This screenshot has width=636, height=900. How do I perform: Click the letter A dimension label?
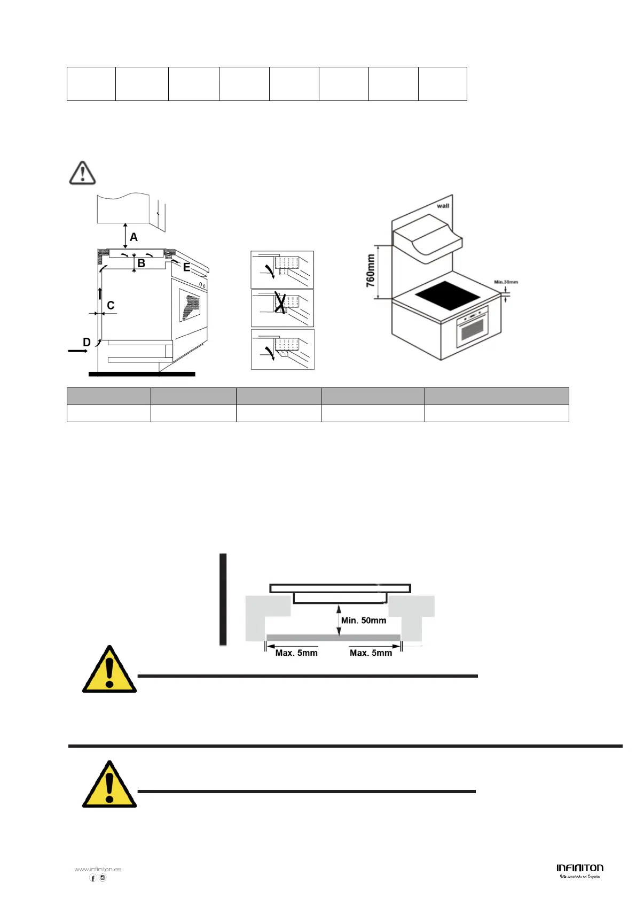(x=134, y=237)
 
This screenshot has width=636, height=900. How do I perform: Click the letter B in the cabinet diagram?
(x=141, y=263)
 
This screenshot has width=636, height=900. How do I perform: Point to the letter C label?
(x=111, y=305)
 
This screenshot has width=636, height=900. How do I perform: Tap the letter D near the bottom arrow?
(x=87, y=342)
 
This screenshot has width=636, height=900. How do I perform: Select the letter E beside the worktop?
(x=186, y=267)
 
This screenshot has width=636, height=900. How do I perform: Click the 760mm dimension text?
(x=370, y=271)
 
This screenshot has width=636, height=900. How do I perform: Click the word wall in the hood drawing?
(x=443, y=206)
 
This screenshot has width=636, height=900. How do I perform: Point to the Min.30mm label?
(x=506, y=282)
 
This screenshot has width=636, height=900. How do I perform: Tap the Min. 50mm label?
(x=364, y=620)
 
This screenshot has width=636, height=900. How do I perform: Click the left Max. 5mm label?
(x=296, y=653)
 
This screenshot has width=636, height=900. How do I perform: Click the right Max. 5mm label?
(x=371, y=653)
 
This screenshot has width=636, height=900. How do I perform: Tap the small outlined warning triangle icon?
(x=82, y=173)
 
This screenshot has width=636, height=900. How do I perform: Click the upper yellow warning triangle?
(x=109, y=671)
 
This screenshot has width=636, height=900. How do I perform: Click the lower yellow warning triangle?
(x=109, y=786)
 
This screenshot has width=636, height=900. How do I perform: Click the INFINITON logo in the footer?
(x=579, y=868)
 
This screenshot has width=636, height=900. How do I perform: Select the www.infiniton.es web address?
(x=98, y=869)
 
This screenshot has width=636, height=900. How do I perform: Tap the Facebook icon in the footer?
(x=93, y=878)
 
